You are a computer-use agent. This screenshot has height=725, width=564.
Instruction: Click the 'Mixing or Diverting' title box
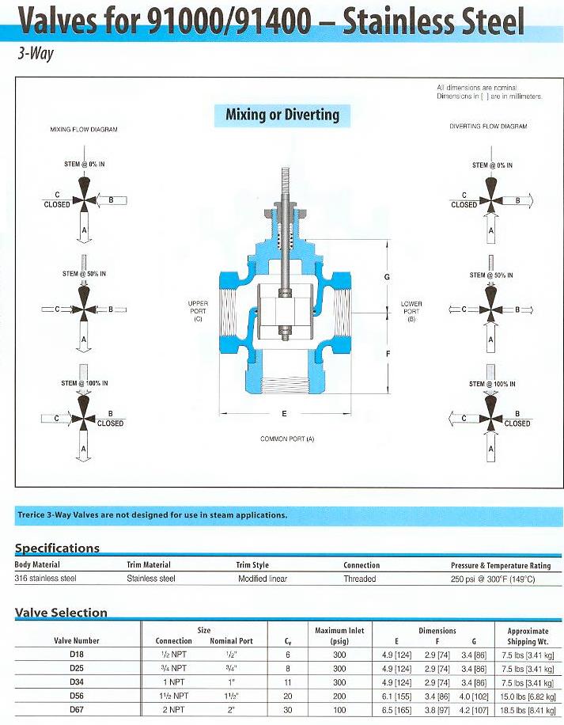tap(282, 115)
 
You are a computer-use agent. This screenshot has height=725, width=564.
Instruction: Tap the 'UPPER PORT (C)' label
tap(198, 310)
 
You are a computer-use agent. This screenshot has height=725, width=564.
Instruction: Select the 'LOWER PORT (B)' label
tap(411, 310)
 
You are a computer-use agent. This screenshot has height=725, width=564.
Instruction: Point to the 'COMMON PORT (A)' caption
tap(287, 438)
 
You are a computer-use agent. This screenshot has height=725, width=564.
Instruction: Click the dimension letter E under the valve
tap(284, 413)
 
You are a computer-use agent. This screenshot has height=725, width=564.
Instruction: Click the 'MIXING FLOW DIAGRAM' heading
tap(84, 129)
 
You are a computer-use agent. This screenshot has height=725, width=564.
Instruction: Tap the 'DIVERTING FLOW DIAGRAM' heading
tap(488, 126)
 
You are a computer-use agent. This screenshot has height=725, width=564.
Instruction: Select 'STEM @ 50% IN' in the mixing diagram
tap(84, 274)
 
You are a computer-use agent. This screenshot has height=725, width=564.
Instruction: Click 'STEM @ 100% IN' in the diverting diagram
tap(492, 384)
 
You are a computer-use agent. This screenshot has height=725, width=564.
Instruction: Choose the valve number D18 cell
tap(77, 655)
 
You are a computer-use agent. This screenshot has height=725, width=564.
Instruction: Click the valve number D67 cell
tap(77, 711)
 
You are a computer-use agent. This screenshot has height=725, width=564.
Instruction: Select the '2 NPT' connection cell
tap(173, 711)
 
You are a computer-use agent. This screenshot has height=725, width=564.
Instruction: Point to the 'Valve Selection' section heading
tap(62, 612)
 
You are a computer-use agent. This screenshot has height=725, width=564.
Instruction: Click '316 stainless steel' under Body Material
tap(46, 579)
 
